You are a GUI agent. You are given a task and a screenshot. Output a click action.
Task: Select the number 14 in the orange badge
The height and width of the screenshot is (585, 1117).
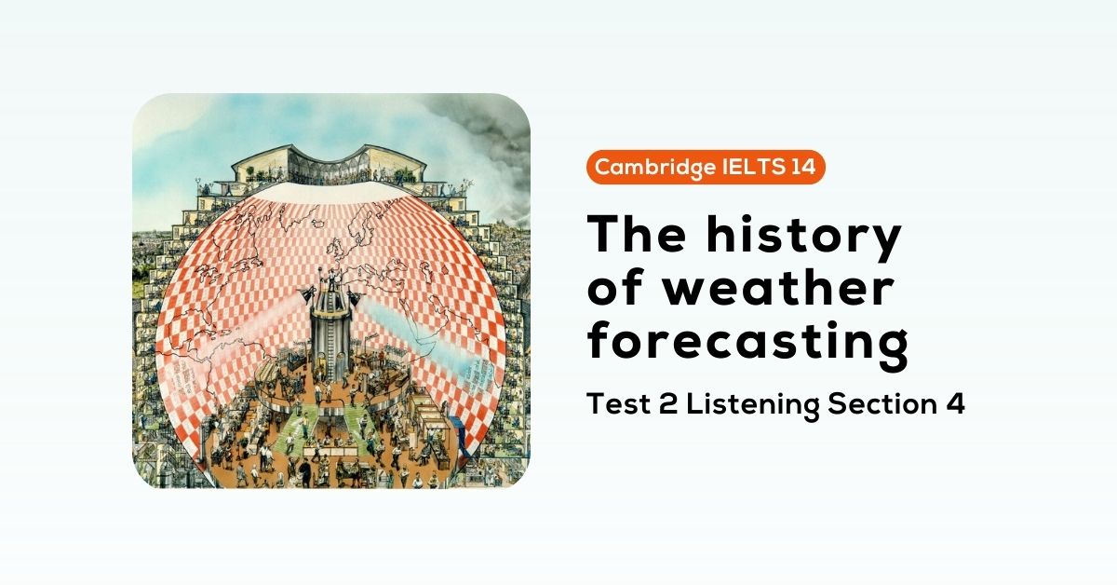pyautogui.click(x=800, y=168)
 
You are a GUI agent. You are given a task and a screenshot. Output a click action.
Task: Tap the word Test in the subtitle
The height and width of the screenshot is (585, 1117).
pyautogui.click(x=615, y=405)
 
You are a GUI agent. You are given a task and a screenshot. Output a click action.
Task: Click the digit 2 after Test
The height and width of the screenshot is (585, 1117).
pyautogui.click(x=662, y=405)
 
